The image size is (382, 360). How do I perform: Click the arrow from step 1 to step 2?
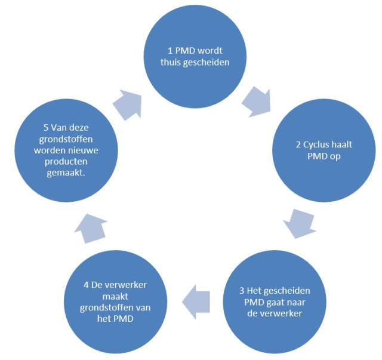[257, 99]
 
